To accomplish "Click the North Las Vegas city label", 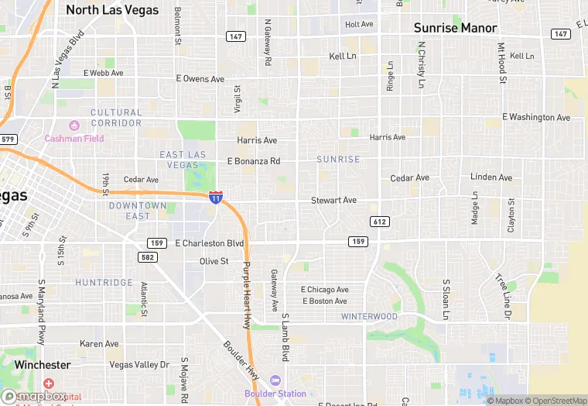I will pos(112,10).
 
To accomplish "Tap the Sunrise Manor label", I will pos(455,28).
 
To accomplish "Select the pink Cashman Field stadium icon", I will pos(74,126).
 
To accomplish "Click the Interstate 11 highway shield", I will pos(216,198).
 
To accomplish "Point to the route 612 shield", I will pos(379,222).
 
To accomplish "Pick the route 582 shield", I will pos(149,256).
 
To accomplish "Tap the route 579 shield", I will pos(8,139).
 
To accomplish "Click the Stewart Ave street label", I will pos(333,200).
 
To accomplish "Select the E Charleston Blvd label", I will pos(210,243).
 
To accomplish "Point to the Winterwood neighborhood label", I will pos(369,316).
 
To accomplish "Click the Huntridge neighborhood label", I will pos(104,283).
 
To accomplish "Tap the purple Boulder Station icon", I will pos(276,380).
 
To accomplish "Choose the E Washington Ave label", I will pos(536,117).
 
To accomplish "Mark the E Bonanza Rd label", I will pos(254,161).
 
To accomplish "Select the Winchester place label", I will pos(43,364).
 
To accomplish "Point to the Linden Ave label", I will pos(491,177).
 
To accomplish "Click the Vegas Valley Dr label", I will pos(139,364).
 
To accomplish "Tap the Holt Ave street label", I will pos(359,25).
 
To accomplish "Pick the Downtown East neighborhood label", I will pos(138,210).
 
